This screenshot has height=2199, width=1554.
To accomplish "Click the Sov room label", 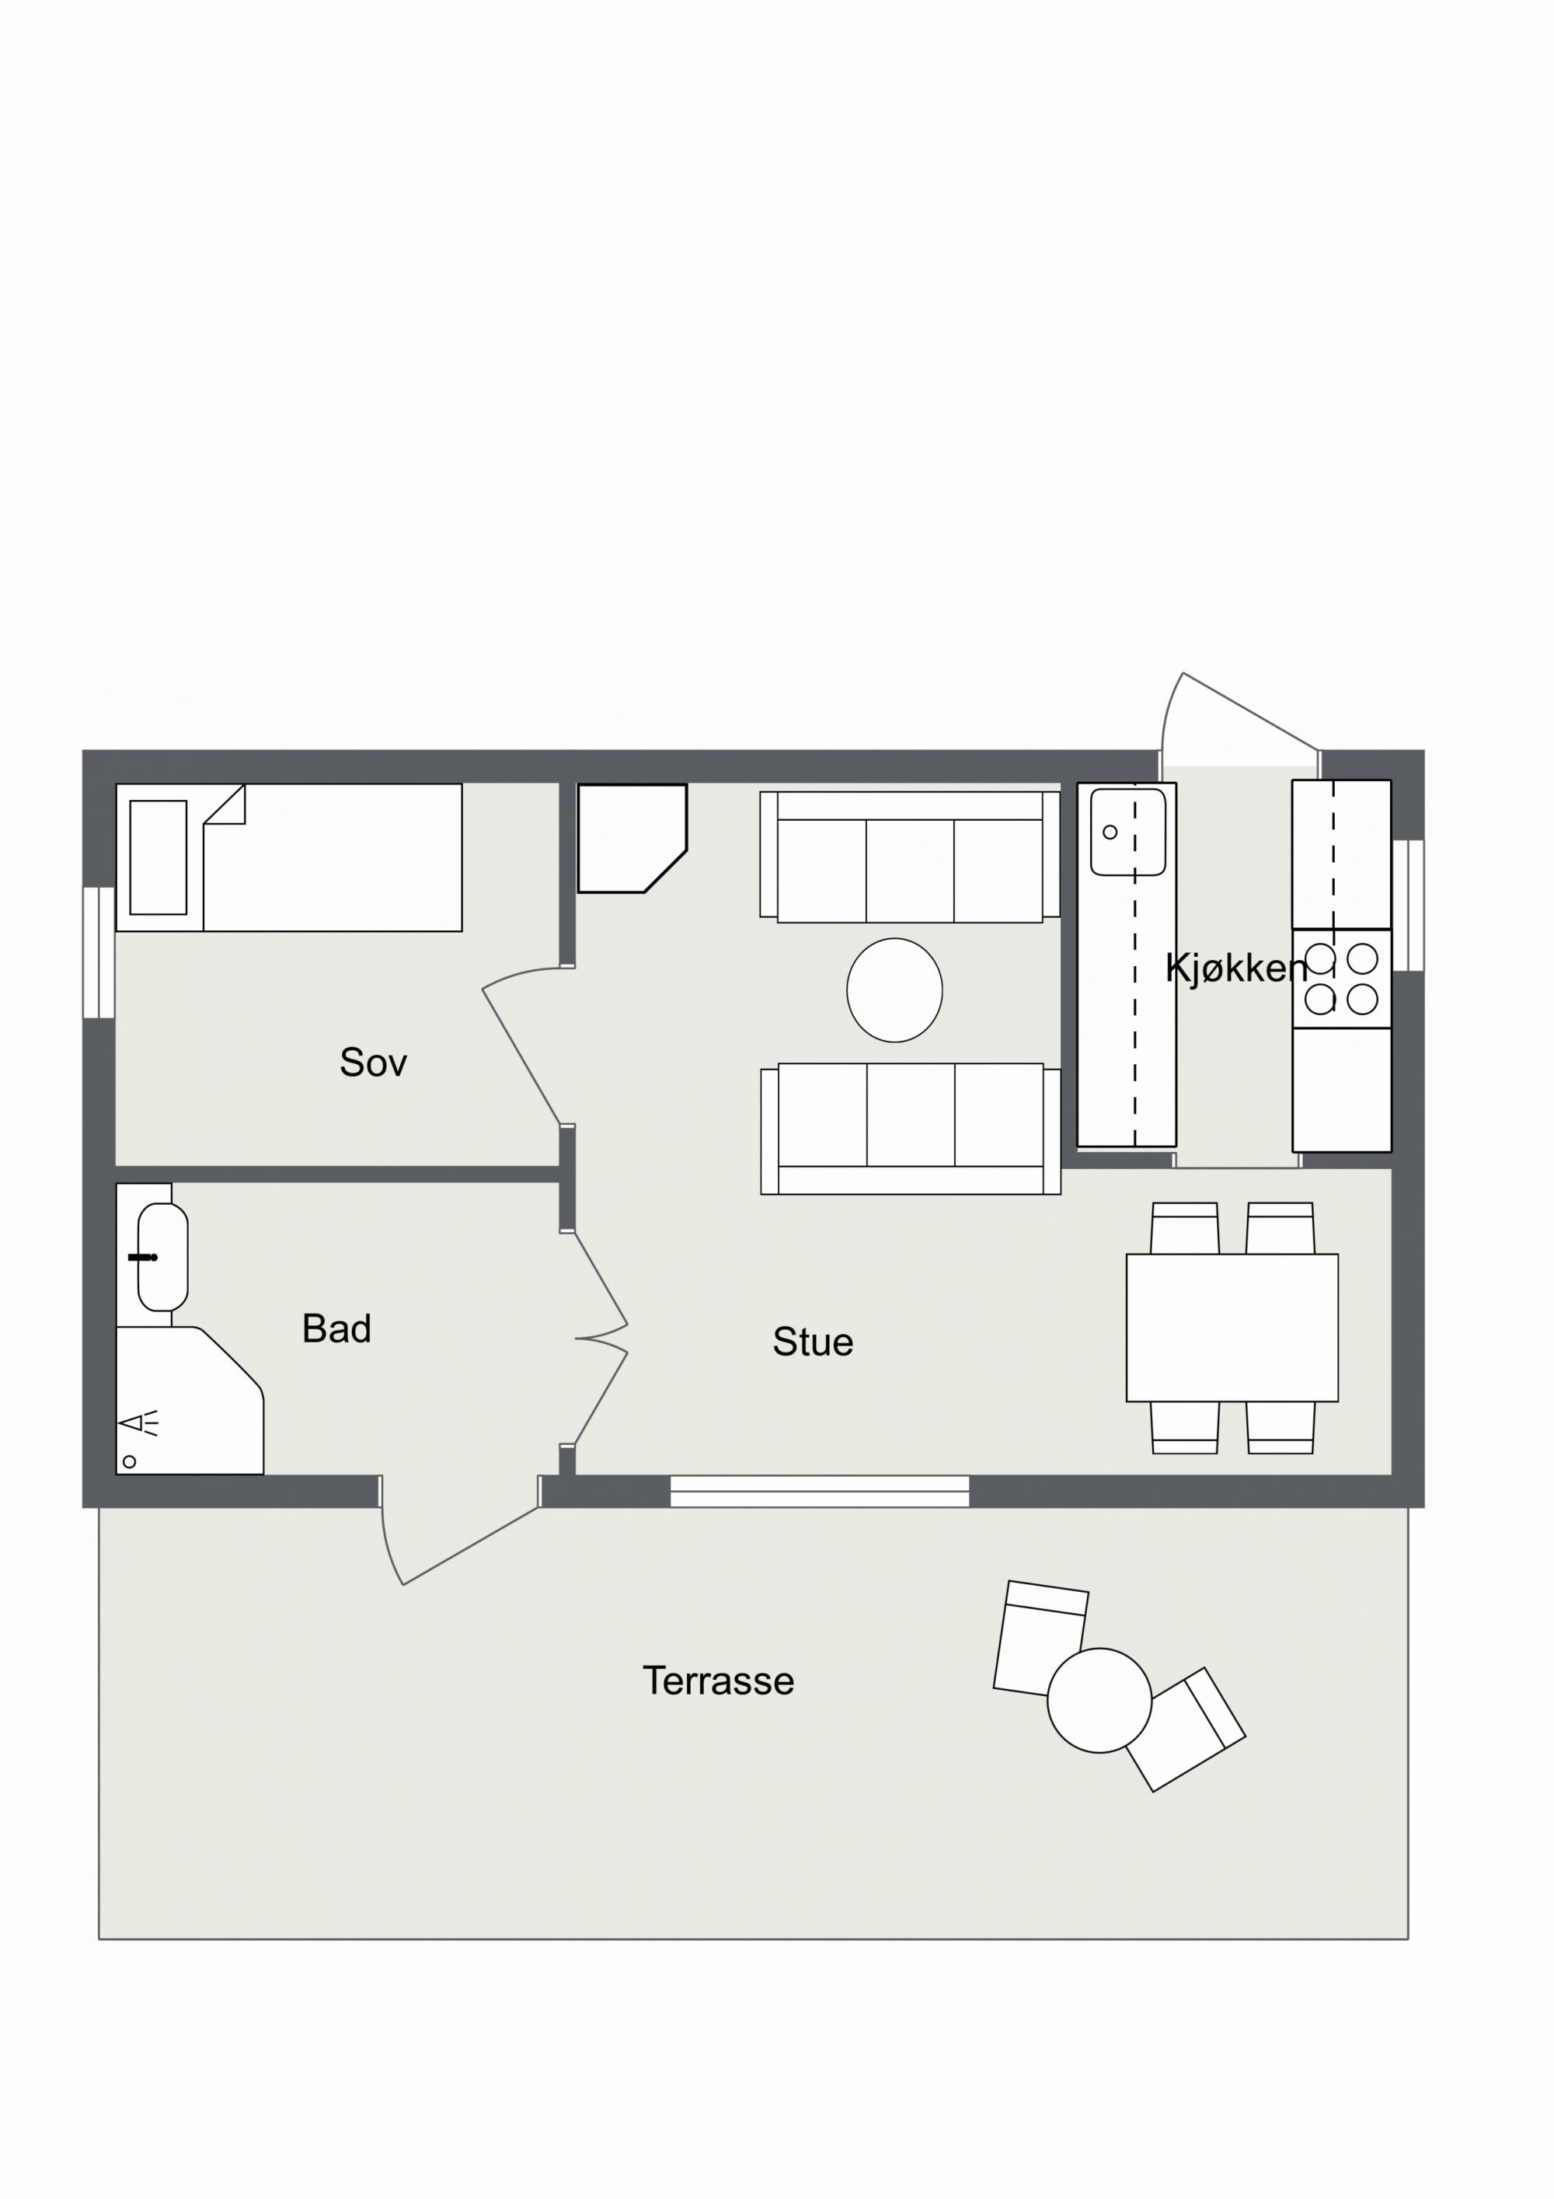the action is tap(374, 1062).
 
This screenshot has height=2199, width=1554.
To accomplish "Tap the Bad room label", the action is tap(336, 1328).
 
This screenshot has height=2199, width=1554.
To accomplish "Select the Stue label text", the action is tap(813, 1342).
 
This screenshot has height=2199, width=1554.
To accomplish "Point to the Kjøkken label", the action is tap(1236, 969).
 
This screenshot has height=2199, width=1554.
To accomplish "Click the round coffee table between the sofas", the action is tap(894, 990).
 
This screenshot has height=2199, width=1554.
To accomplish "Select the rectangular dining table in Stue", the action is tap(1232, 1328).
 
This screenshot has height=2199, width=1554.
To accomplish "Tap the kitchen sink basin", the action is tap(1128, 832).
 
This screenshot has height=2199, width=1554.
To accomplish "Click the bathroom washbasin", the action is tap(162, 1257).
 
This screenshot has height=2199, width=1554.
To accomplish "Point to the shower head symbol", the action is tap(138, 1424).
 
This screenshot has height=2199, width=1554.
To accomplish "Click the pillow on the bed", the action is tap(158, 857).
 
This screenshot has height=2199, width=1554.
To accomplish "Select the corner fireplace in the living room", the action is tap(632, 838).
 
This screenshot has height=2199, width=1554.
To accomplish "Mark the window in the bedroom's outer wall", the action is tap(99, 952).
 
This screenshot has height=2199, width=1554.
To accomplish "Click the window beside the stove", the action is tap(1409, 905).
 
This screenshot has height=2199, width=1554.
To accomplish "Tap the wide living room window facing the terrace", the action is tap(820, 1491).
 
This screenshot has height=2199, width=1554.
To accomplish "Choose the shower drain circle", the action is tap(129, 1461).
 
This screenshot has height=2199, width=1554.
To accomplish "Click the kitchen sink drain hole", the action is tap(1110, 832).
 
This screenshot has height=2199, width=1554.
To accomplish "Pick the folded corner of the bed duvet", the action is tap(224, 805).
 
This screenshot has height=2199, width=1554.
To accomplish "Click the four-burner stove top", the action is tap(1341, 979).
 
